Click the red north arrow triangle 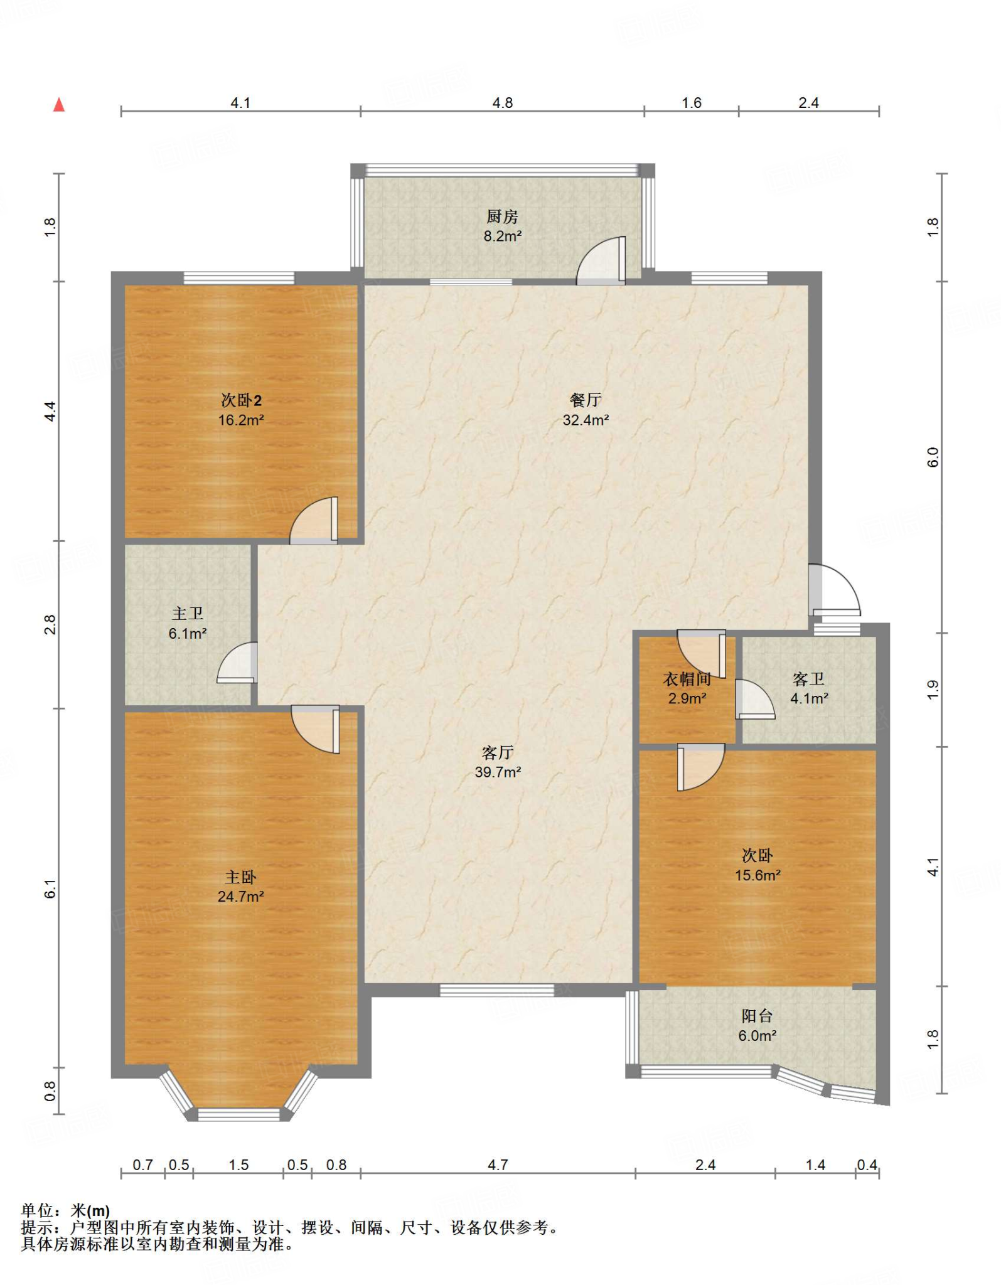click(x=59, y=104)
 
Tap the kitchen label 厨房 click(x=502, y=216)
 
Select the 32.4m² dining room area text click(x=586, y=420)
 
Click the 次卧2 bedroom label click(x=241, y=400)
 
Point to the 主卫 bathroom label click(x=188, y=614)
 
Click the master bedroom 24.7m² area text click(x=240, y=897)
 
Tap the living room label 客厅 click(x=498, y=752)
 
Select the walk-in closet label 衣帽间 click(x=687, y=679)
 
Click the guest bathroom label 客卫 click(x=808, y=679)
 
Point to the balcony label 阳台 click(x=757, y=1016)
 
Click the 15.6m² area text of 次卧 click(x=757, y=875)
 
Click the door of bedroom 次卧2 click(x=314, y=521)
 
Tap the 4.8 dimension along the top click(x=502, y=103)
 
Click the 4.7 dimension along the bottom click(x=498, y=1165)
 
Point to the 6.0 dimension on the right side click(x=933, y=457)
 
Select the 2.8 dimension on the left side click(x=50, y=625)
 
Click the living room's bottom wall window click(x=496, y=991)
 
